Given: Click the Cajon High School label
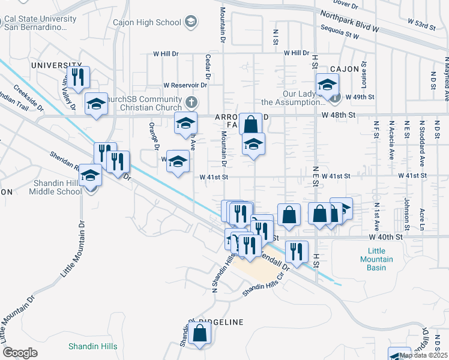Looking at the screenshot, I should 147,22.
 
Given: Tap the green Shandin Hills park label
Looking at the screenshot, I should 92,346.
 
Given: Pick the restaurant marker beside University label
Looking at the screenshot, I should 77,77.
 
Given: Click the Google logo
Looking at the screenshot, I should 20,353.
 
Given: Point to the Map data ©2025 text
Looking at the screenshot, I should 423,355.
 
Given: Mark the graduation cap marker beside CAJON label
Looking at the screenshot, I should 327,85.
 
